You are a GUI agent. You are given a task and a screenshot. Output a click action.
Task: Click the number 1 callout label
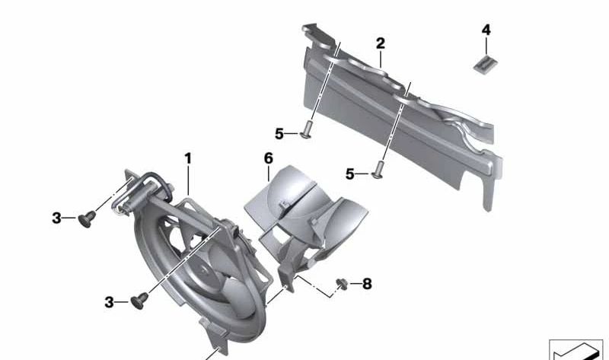click(x=188, y=158)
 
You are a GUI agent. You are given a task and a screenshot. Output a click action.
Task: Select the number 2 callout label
click(x=381, y=43)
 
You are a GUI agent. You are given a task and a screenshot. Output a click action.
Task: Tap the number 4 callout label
click(x=486, y=30)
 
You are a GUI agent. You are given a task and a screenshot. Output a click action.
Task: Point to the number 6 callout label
click(x=269, y=158)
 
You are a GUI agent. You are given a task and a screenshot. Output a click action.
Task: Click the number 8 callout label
click(x=367, y=284)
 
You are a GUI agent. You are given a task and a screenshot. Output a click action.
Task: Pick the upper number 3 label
click(x=56, y=218)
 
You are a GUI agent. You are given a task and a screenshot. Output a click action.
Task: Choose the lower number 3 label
click(x=109, y=302)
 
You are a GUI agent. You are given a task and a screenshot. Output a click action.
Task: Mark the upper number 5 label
click(x=279, y=134)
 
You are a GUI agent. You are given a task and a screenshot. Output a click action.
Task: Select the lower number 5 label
click(x=350, y=174)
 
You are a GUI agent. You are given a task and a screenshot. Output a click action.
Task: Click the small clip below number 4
click(x=486, y=63)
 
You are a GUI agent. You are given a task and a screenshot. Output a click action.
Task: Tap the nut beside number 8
click(x=342, y=283)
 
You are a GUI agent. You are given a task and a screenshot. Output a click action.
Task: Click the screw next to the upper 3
click(x=87, y=219)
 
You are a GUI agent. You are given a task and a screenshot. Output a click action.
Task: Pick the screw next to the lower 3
click(x=139, y=301)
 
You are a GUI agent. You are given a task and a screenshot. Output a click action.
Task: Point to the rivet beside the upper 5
click(x=307, y=129)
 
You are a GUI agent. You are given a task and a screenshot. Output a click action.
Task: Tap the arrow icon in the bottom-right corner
click(x=576, y=350)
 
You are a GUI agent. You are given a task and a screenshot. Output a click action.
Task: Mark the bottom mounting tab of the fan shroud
click(x=215, y=335)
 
